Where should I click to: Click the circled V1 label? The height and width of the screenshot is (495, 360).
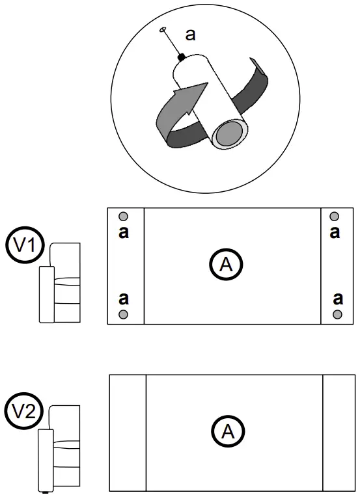pyautogui.click(x=25, y=246)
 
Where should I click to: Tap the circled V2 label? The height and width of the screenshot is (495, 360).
pyautogui.click(x=25, y=412)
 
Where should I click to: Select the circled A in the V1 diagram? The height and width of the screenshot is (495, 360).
pyautogui.click(x=226, y=264)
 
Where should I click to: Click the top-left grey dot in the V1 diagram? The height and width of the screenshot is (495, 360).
pyautogui.click(x=124, y=217)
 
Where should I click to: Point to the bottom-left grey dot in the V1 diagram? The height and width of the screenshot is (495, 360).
pyautogui.click(x=124, y=315)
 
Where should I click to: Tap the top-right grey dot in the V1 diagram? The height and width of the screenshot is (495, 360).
pyautogui.click(x=335, y=217)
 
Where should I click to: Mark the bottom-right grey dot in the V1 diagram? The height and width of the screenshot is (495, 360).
pyautogui.click(x=337, y=315)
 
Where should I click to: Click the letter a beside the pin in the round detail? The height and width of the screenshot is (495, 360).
pyautogui.click(x=190, y=35)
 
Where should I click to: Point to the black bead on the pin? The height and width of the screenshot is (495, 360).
pyautogui.click(x=182, y=58)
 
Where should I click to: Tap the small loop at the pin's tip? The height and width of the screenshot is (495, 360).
pyautogui.click(x=163, y=29)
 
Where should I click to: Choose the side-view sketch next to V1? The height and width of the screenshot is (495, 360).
pyautogui.click(x=60, y=282)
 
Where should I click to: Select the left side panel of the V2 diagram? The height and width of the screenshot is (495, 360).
pyautogui.click(x=128, y=433)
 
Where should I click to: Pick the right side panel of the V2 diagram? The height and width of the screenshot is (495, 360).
pyautogui.click(x=339, y=433)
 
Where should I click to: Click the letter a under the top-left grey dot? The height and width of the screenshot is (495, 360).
pyautogui.click(x=124, y=232)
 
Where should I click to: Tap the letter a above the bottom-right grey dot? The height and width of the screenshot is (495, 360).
pyautogui.click(x=337, y=299)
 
